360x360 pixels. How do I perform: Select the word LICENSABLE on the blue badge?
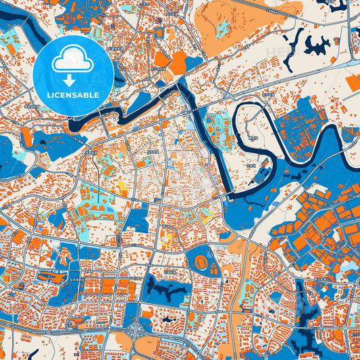coord(72,95)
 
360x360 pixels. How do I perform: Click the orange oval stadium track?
coord(201,261)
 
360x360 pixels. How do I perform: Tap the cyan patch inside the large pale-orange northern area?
coord(223,28)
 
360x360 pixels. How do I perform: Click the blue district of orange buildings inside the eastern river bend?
coord(304,125)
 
